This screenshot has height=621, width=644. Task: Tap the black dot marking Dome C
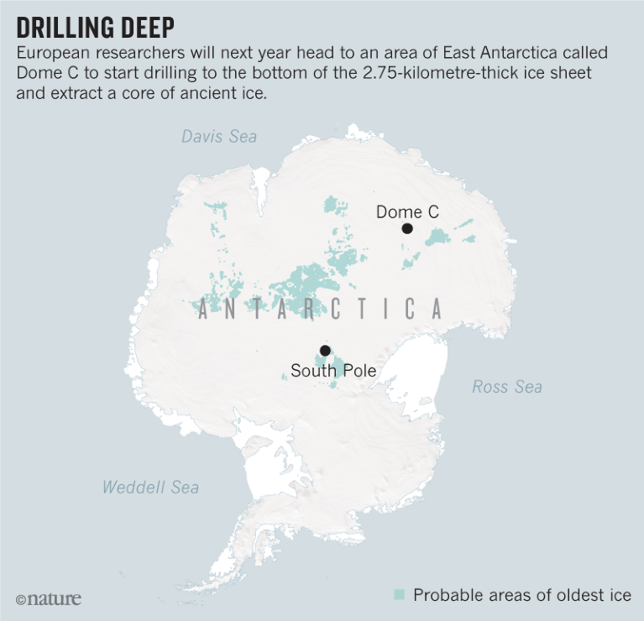coord(407,228)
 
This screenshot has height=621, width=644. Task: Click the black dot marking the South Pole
coord(324,351)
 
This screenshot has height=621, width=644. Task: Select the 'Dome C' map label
coord(407,212)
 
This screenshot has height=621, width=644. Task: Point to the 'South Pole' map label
coord(333,370)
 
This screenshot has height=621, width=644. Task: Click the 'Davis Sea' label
coord(219,136)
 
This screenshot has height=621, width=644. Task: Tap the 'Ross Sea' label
coord(506,387)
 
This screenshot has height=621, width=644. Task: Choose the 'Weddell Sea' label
coord(150,487)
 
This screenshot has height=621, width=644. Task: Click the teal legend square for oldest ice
coord(400,595)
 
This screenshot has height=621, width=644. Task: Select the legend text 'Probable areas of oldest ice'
coord(521,595)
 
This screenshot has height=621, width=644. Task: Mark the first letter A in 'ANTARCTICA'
coord(203,310)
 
